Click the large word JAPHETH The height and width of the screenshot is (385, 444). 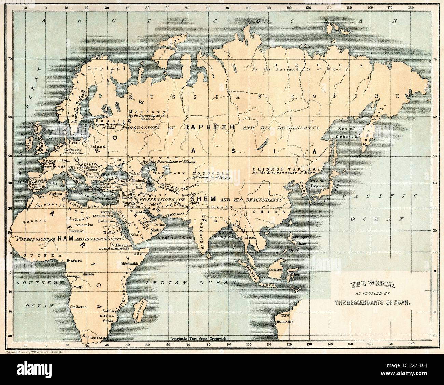209,127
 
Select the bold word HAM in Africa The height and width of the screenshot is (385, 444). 65,239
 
